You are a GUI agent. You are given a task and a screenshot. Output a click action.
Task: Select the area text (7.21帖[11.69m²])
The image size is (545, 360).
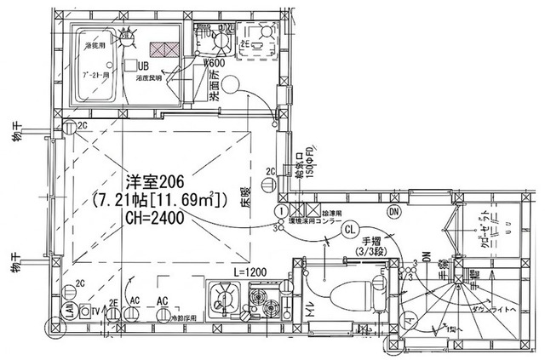click(x=158, y=200)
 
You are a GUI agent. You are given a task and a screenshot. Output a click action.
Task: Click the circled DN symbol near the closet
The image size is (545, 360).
click(x=393, y=211)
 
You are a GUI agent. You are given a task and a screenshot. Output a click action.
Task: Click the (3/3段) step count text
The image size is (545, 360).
click(x=372, y=252)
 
